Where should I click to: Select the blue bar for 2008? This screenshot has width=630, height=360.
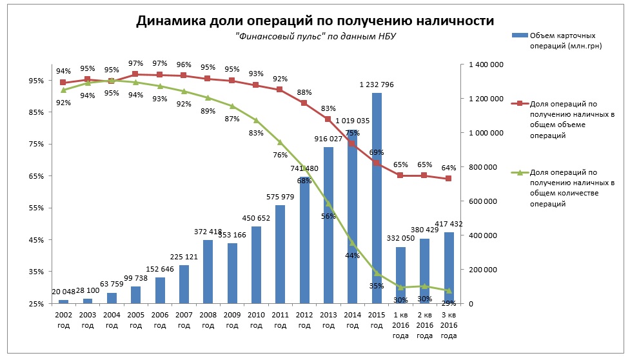[x=208, y=272]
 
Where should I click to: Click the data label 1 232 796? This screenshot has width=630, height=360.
[x=377, y=85]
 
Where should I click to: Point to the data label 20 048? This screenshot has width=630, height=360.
[x=63, y=292]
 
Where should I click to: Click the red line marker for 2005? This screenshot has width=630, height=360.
[x=135, y=74]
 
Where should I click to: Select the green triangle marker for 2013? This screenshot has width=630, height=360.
[x=328, y=203]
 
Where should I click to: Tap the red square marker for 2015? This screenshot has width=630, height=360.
[x=377, y=163]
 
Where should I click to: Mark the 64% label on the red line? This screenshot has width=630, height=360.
[x=449, y=167]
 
